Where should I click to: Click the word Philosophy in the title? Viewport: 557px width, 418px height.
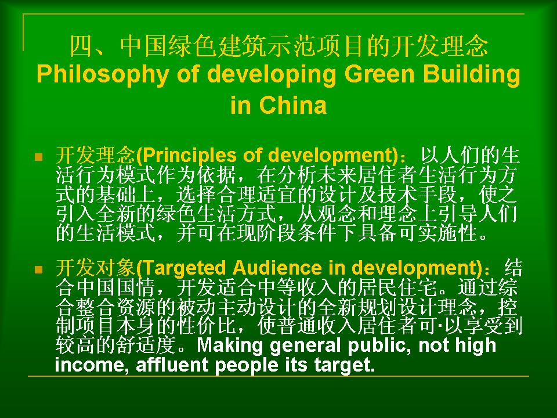coord(103,75)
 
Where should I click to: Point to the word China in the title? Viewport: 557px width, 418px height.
coord(292,105)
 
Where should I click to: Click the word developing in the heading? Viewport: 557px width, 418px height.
coord(271,75)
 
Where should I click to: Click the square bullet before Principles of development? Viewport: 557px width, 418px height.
coord(39,157)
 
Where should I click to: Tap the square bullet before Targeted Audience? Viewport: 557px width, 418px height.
coord(39,269)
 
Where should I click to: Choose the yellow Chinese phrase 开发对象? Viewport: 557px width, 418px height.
coord(96,268)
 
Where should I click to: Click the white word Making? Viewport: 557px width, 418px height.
coord(230,345)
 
